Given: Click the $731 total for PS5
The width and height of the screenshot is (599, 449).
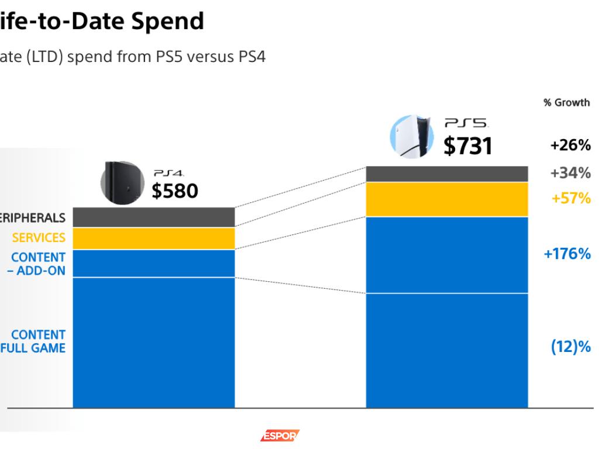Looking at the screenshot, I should pos(467,146).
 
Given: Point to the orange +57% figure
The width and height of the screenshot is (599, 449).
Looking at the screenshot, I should pos(571,199).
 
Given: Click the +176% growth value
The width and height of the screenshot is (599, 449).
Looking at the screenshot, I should pos(567,254).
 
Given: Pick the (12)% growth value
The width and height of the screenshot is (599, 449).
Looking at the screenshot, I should pos(571,347).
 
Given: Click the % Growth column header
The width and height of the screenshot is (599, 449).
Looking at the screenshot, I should pos(566,103).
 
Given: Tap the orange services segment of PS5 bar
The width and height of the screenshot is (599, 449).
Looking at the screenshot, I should pos(447,199).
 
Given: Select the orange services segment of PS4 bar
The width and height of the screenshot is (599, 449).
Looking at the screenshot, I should pos(153,239).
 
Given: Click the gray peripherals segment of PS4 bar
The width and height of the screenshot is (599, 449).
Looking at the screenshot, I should pos(153,217).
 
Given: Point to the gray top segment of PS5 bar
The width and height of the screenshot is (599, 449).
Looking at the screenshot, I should pos(447,174).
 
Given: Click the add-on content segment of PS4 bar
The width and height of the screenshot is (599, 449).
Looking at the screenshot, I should pos(153,264).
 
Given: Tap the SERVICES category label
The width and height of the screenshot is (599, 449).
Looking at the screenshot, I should pos(39,237).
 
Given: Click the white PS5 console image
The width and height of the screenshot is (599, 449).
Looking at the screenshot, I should pos(412,136).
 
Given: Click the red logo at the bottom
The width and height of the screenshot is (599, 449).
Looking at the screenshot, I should pos(280,436).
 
